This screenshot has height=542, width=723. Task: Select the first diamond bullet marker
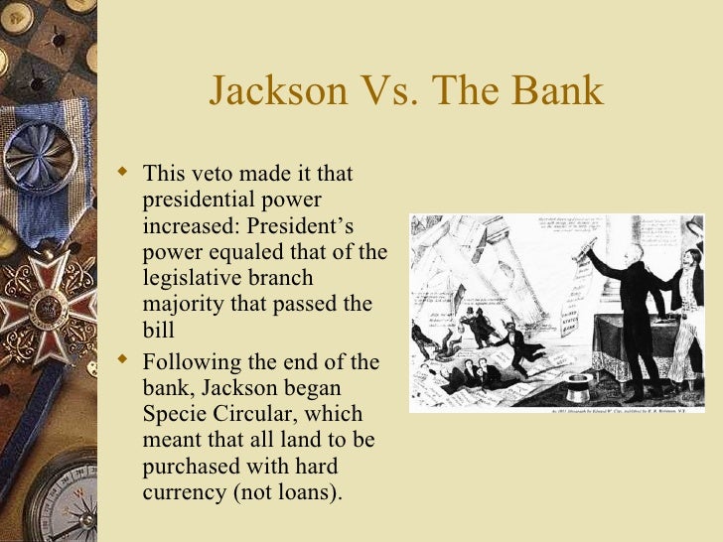point(123,174)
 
